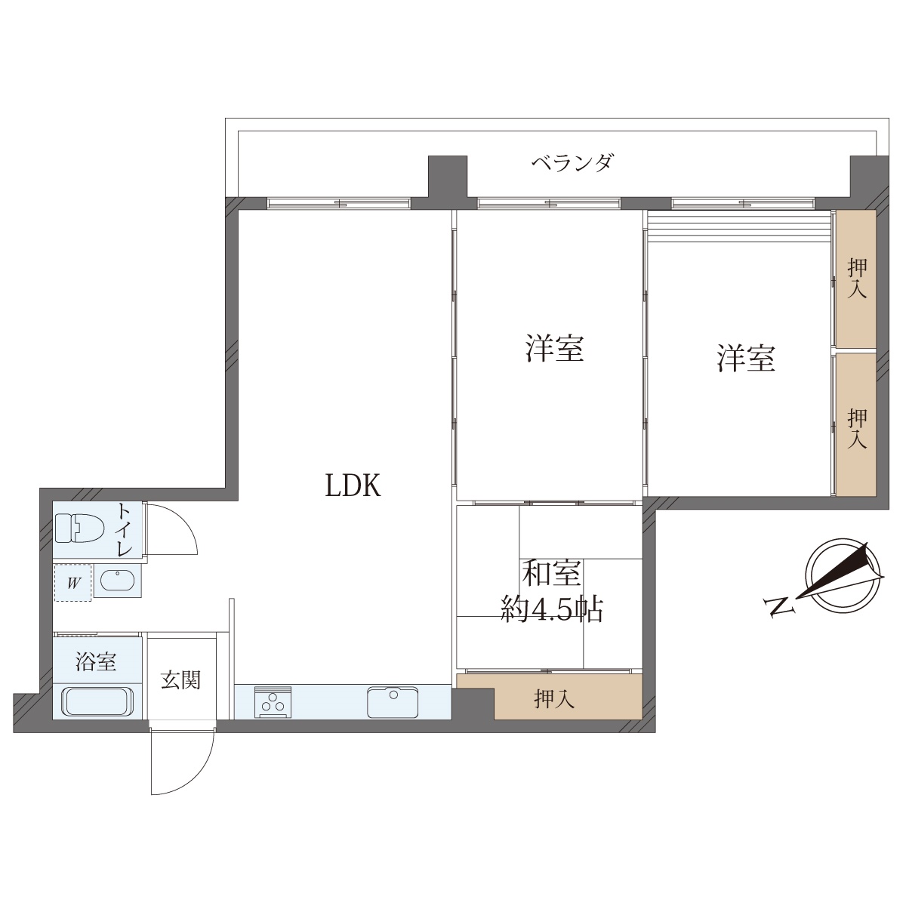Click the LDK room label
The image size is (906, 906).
point(353,485)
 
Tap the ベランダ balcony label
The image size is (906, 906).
point(572,163)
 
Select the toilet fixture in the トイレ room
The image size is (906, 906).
point(80,528)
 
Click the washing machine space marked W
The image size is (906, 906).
point(73,583)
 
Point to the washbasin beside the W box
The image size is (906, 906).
point(118,581)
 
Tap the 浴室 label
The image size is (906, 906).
point(96,662)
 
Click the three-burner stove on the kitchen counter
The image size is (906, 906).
point(273,702)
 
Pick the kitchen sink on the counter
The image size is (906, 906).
point(393,702)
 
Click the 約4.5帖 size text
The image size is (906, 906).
point(552,610)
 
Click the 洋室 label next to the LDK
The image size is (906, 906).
point(554,348)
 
